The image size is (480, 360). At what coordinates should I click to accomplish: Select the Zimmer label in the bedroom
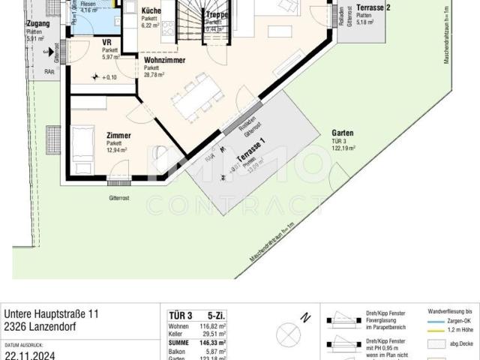[x=118, y=135]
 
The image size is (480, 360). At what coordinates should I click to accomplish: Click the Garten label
[x=343, y=133]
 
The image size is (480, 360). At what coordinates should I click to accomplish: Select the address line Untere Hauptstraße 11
[x=51, y=313]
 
